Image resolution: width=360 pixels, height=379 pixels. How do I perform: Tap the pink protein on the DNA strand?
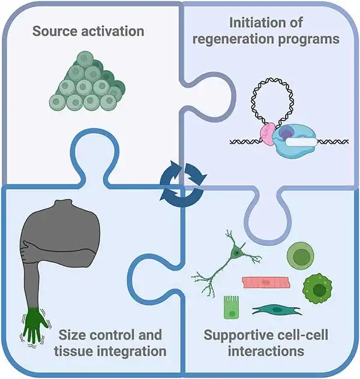click(x=268, y=134)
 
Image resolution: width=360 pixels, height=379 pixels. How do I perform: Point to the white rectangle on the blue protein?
click(x=301, y=143)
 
